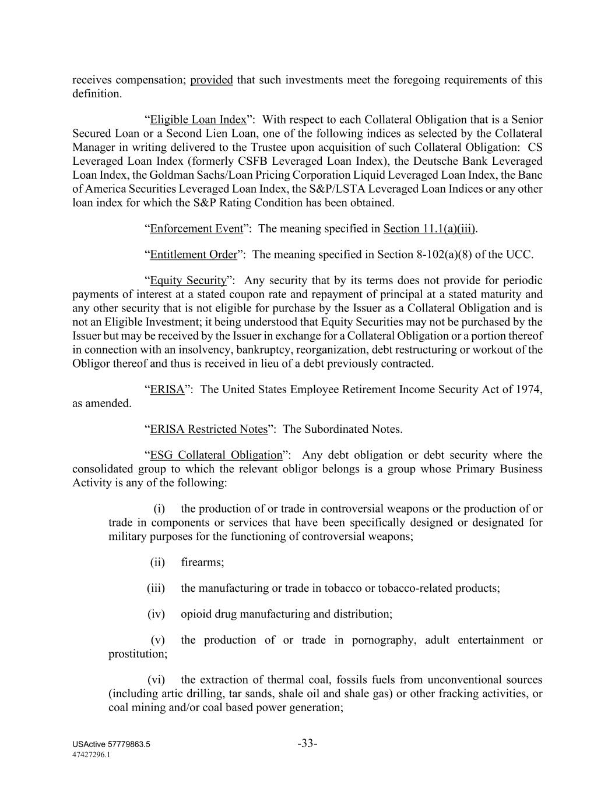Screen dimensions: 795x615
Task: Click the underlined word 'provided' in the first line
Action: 212,80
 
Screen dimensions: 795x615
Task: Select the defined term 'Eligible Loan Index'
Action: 198,119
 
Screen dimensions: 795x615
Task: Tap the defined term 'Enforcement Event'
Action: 196,228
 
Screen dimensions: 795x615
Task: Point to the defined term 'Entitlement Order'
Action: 194,255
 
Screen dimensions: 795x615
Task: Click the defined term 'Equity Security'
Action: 188,280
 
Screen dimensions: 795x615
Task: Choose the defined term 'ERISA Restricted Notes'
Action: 209,429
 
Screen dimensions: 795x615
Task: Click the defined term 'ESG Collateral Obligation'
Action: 216,455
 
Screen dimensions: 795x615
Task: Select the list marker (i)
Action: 159,508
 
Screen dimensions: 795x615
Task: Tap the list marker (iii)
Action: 156,588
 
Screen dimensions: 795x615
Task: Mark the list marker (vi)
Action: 156,680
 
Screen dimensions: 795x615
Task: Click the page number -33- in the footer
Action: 307,744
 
